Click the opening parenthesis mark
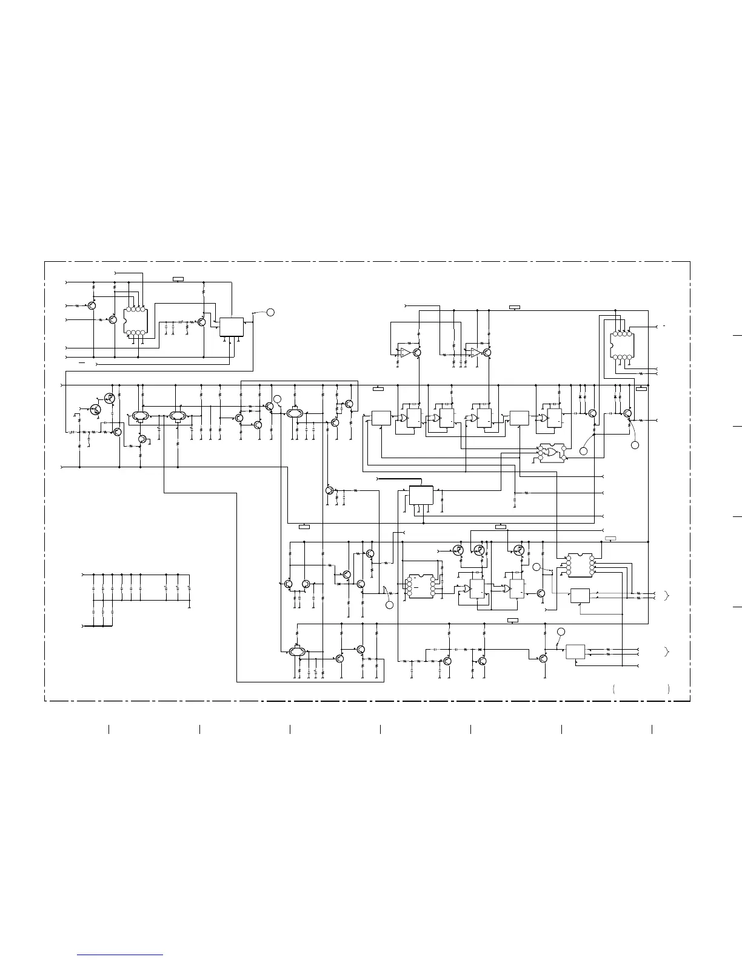(x=614, y=689)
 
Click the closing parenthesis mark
(x=668, y=689)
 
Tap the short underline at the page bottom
(x=120, y=955)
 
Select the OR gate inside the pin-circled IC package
(x=552, y=452)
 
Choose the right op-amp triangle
(x=476, y=352)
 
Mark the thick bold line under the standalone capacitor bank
(x=97, y=625)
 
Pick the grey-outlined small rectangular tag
(x=611, y=538)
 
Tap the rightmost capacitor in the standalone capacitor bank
(x=189, y=588)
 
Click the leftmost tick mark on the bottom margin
(x=109, y=729)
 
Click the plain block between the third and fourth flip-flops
(x=519, y=418)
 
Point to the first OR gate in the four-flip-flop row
(x=403, y=418)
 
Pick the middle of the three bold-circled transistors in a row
(x=480, y=550)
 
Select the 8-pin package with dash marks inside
(x=419, y=585)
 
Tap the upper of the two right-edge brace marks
(x=667, y=596)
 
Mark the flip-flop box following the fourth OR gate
(x=554, y=418)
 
